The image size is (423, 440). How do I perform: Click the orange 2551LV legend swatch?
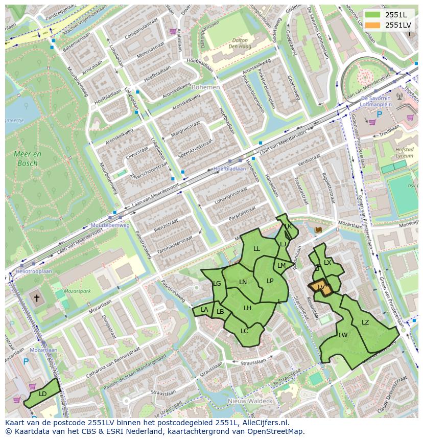pos(373,25)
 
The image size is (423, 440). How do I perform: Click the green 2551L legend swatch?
pos(373,15)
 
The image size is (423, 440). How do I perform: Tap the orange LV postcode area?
pos(320,288)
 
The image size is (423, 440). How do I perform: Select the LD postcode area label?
pos(43,393)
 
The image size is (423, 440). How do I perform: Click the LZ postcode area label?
pos(365,322)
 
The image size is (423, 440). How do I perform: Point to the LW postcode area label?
pos(343,335)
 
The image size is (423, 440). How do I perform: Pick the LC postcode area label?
pos(244,331)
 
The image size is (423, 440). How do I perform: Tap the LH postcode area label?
pos(247,308)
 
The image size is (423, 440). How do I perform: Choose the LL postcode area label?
pos(256,249)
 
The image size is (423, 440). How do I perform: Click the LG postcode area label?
pos(217,283)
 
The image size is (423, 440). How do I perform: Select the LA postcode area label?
pos(204,310)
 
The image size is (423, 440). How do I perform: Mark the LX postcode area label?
pos(327,263)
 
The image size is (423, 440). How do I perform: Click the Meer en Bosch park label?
pos(28,158)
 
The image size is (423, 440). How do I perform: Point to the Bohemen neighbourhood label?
pos(205,87)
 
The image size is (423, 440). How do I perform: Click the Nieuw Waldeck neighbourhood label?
pos(250,401)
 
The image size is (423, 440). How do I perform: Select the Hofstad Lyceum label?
pos(404,153)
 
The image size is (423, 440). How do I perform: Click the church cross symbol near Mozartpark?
pos(36,297)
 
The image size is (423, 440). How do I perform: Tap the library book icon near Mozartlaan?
pos(319,230)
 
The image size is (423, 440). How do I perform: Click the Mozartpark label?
pos(78,291)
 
